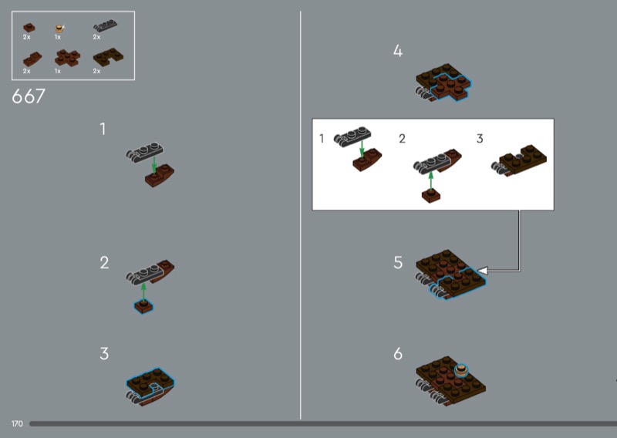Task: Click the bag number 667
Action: (29, 96)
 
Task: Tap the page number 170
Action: (17, 424)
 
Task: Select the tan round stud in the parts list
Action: (59, 29)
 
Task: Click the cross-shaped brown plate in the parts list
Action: (67, 58)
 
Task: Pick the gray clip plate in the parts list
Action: (105, 25)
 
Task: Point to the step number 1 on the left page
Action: (103, 129)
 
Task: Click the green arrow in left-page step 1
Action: (154, 164)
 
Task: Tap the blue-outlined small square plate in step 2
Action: (143, 307)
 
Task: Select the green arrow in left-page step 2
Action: (143, 292)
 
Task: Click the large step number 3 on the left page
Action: (104, 353)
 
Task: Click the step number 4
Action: (398, 51)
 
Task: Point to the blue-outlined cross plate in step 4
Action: (450, 86)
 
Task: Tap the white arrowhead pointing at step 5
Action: (483, 271)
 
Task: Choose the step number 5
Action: (398, 262)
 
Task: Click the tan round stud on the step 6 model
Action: (461, 370)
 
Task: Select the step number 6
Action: (398, 354)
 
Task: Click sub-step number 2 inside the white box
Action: (402, 139)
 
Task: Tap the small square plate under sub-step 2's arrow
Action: (431, 196)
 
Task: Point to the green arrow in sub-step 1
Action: (362, 149)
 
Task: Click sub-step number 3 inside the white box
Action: (480, 139)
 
